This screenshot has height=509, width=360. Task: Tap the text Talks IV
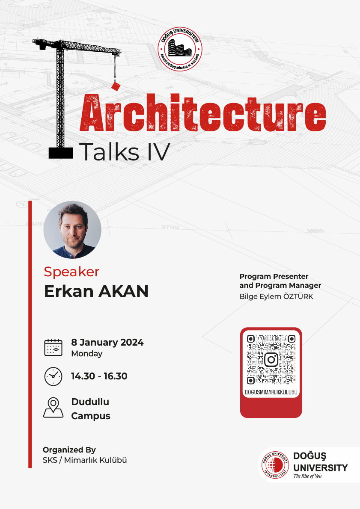pos(125,151)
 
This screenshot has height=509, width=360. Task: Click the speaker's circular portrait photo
pos(72,230)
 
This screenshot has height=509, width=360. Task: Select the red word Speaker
pos(71,272)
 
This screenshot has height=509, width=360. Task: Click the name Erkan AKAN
pos(96,292)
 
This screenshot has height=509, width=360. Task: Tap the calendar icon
pos(54,347)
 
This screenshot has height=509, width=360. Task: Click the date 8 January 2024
pos(107,342)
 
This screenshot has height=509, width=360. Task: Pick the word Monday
pos(87,354)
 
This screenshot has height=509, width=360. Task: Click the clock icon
pos(54,376)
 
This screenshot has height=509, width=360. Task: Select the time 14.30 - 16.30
pos(99,376)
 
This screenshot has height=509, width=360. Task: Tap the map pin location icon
pos(54,407)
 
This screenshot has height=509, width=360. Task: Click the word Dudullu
pos(90,402)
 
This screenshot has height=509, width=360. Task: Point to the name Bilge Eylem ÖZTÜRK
pos(276,296)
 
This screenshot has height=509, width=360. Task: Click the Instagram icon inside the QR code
pos(271,359)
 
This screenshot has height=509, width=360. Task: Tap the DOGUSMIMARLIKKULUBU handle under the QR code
pos(271,392)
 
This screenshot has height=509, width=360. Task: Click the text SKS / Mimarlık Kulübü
pos(85,460)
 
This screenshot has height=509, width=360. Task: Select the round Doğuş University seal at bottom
pos(274,465)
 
